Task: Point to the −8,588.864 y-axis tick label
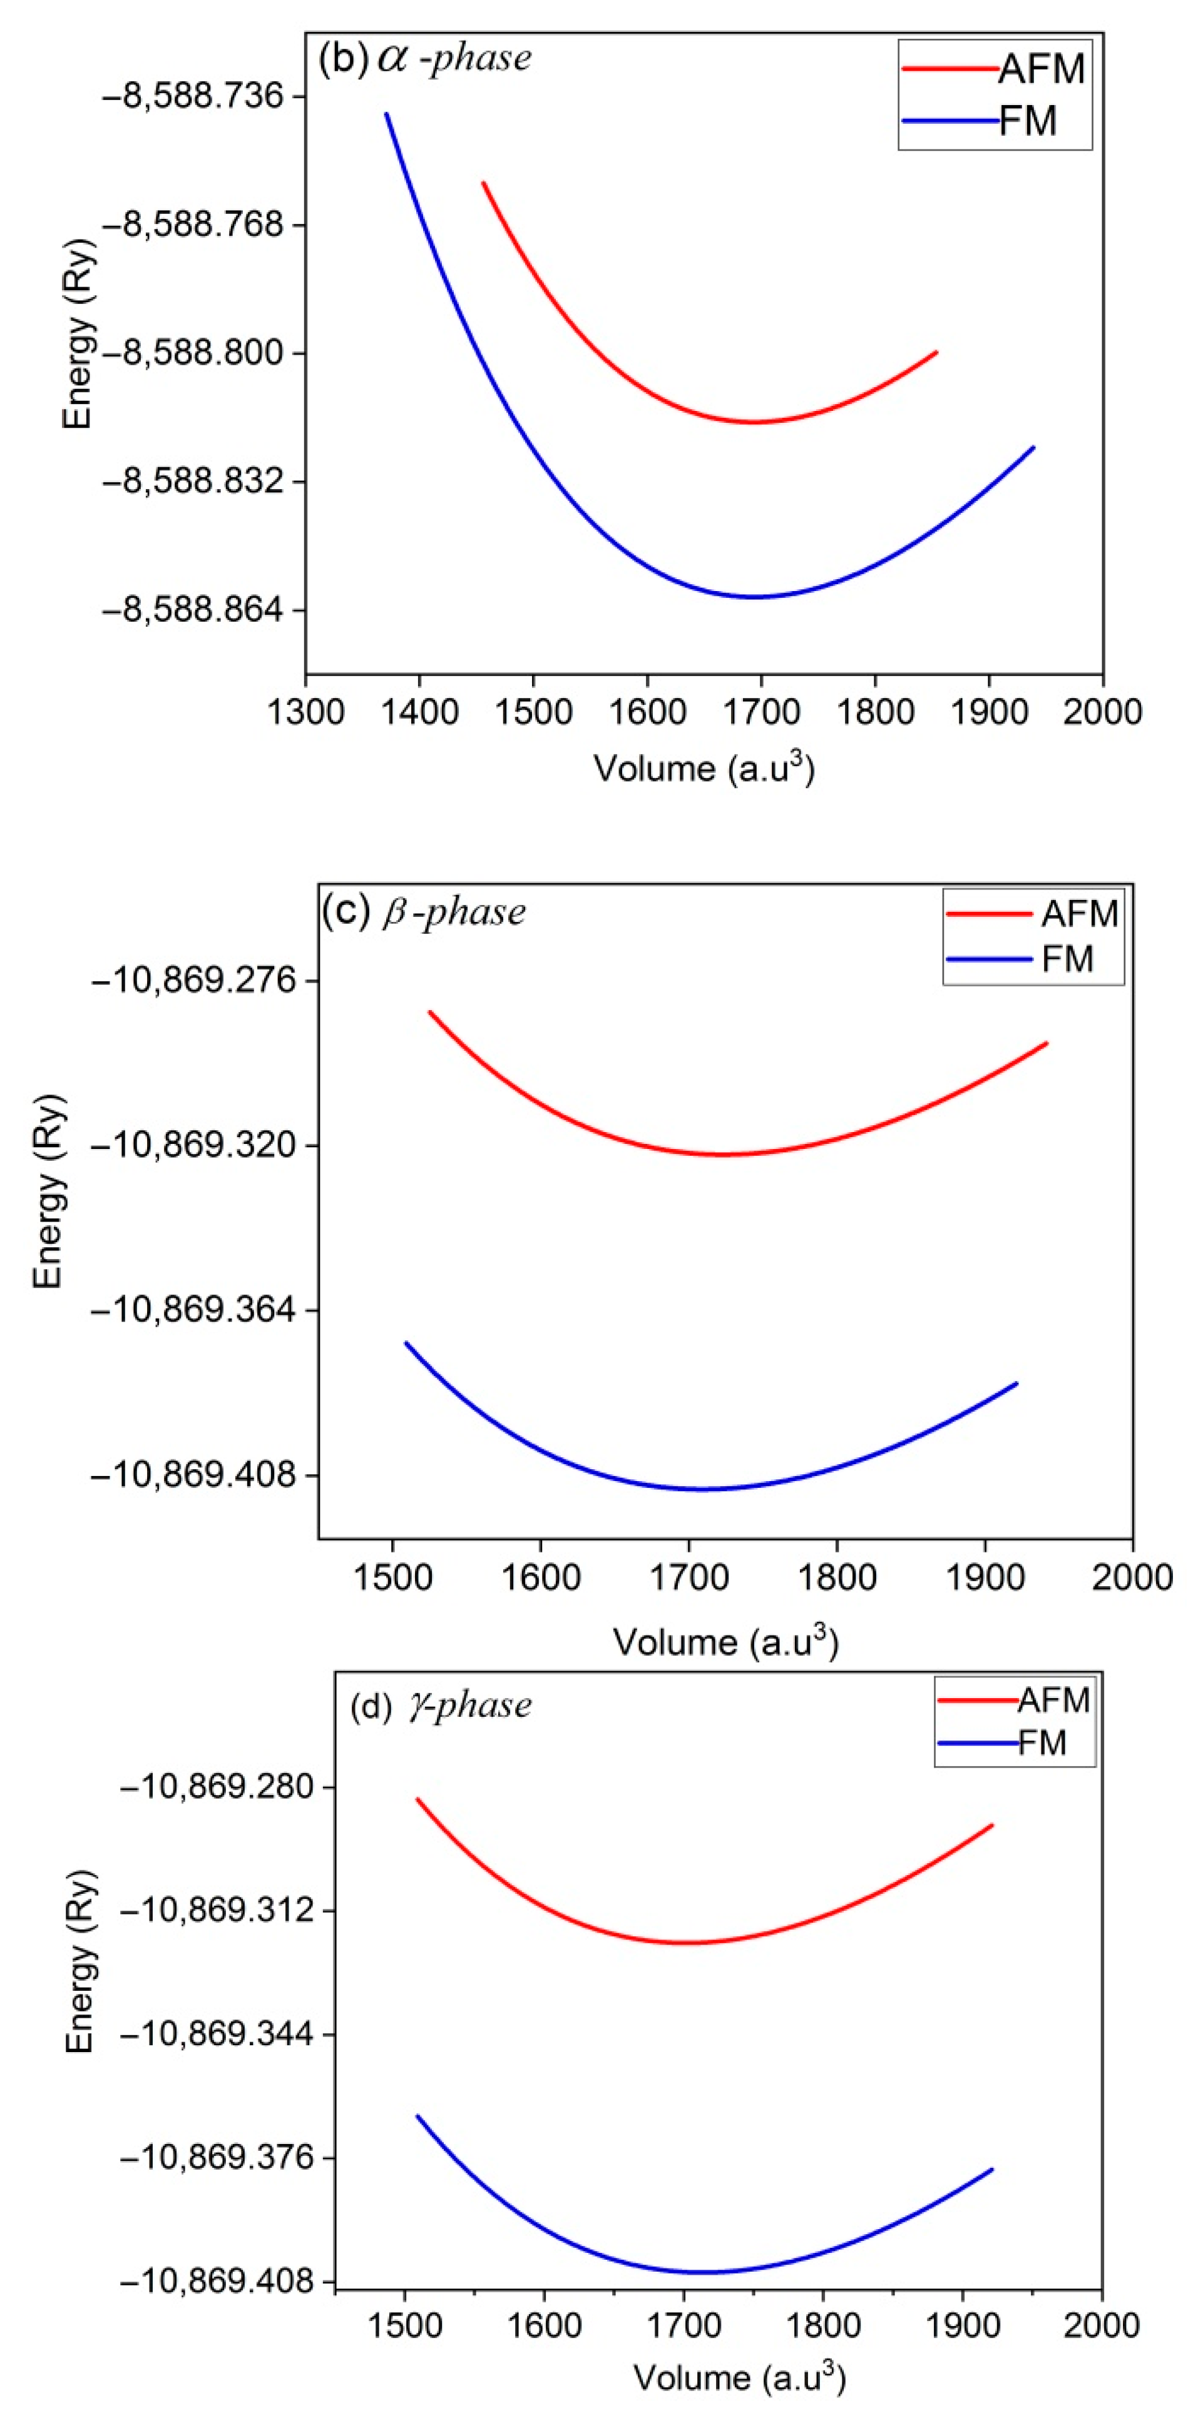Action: [x=192, y=610]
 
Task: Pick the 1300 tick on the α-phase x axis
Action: [x=305, y=711]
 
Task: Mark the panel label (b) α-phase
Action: [x=425, y=59]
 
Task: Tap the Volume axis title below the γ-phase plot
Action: [x=739, y=2377]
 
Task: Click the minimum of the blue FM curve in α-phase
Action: [x=753, y=597]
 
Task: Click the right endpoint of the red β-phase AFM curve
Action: [x=1046, y=1044]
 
